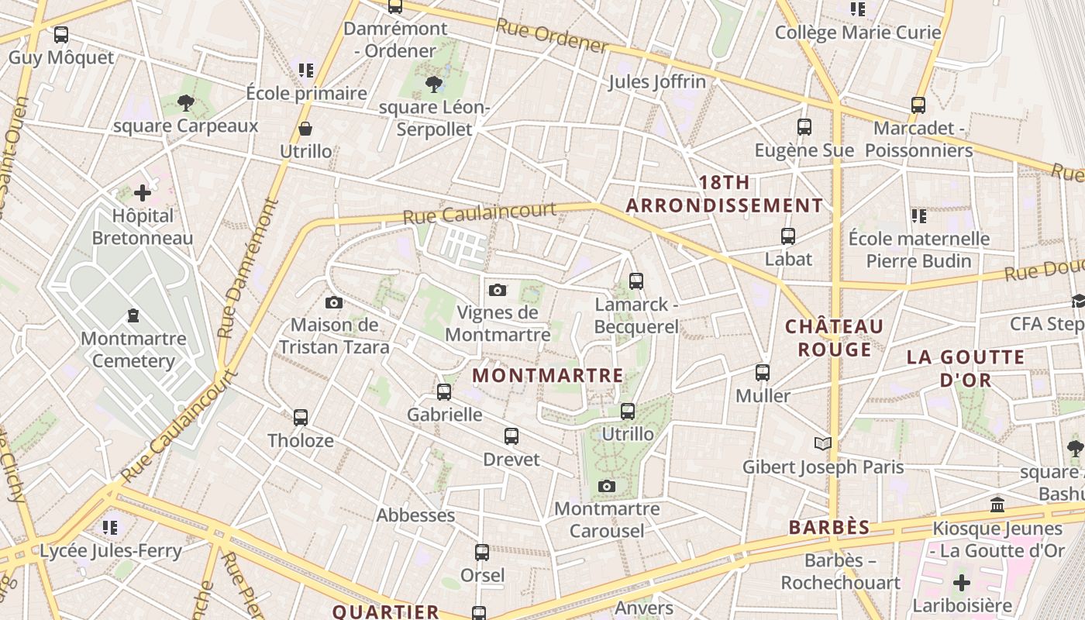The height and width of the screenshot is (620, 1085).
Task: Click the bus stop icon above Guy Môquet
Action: click(x=61, y=35)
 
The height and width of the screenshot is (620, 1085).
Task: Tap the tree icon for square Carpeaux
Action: click(x=185, y=102)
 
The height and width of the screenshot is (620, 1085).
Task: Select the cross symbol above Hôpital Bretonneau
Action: click(x=143, y=192)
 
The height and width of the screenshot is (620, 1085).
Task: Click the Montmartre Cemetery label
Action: click(x=133, y=350)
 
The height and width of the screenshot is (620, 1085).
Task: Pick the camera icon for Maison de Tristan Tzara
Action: click(x=334, y=302)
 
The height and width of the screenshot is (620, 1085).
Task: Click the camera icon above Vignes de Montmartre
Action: click(x=498, y=291)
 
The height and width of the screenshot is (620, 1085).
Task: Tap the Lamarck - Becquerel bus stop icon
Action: click(x=636, y=281)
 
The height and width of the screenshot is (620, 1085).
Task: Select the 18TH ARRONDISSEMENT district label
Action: click(x=724, y=195)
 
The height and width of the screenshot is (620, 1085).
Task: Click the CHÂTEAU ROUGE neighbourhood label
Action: click(x=834, y=338)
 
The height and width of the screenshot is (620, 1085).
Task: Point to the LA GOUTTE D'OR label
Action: click(x=966, y=369)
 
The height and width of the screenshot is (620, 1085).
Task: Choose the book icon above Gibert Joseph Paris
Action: click(x=823, y=444)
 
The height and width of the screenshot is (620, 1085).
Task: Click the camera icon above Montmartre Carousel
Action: click(x=607, y=487)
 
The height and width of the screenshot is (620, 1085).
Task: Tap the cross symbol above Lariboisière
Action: click(x=962, y=582)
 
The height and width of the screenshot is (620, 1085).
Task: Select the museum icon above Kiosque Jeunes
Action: click(x=997, y=505)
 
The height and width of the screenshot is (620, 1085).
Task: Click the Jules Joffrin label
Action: click(x=657, y=81)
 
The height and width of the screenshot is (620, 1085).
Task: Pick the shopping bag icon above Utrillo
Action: click(x=305, y=129)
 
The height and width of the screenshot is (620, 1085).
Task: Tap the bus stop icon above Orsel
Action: click(x=482, y=553)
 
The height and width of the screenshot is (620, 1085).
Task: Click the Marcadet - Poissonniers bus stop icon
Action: click(x=918, y=105)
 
